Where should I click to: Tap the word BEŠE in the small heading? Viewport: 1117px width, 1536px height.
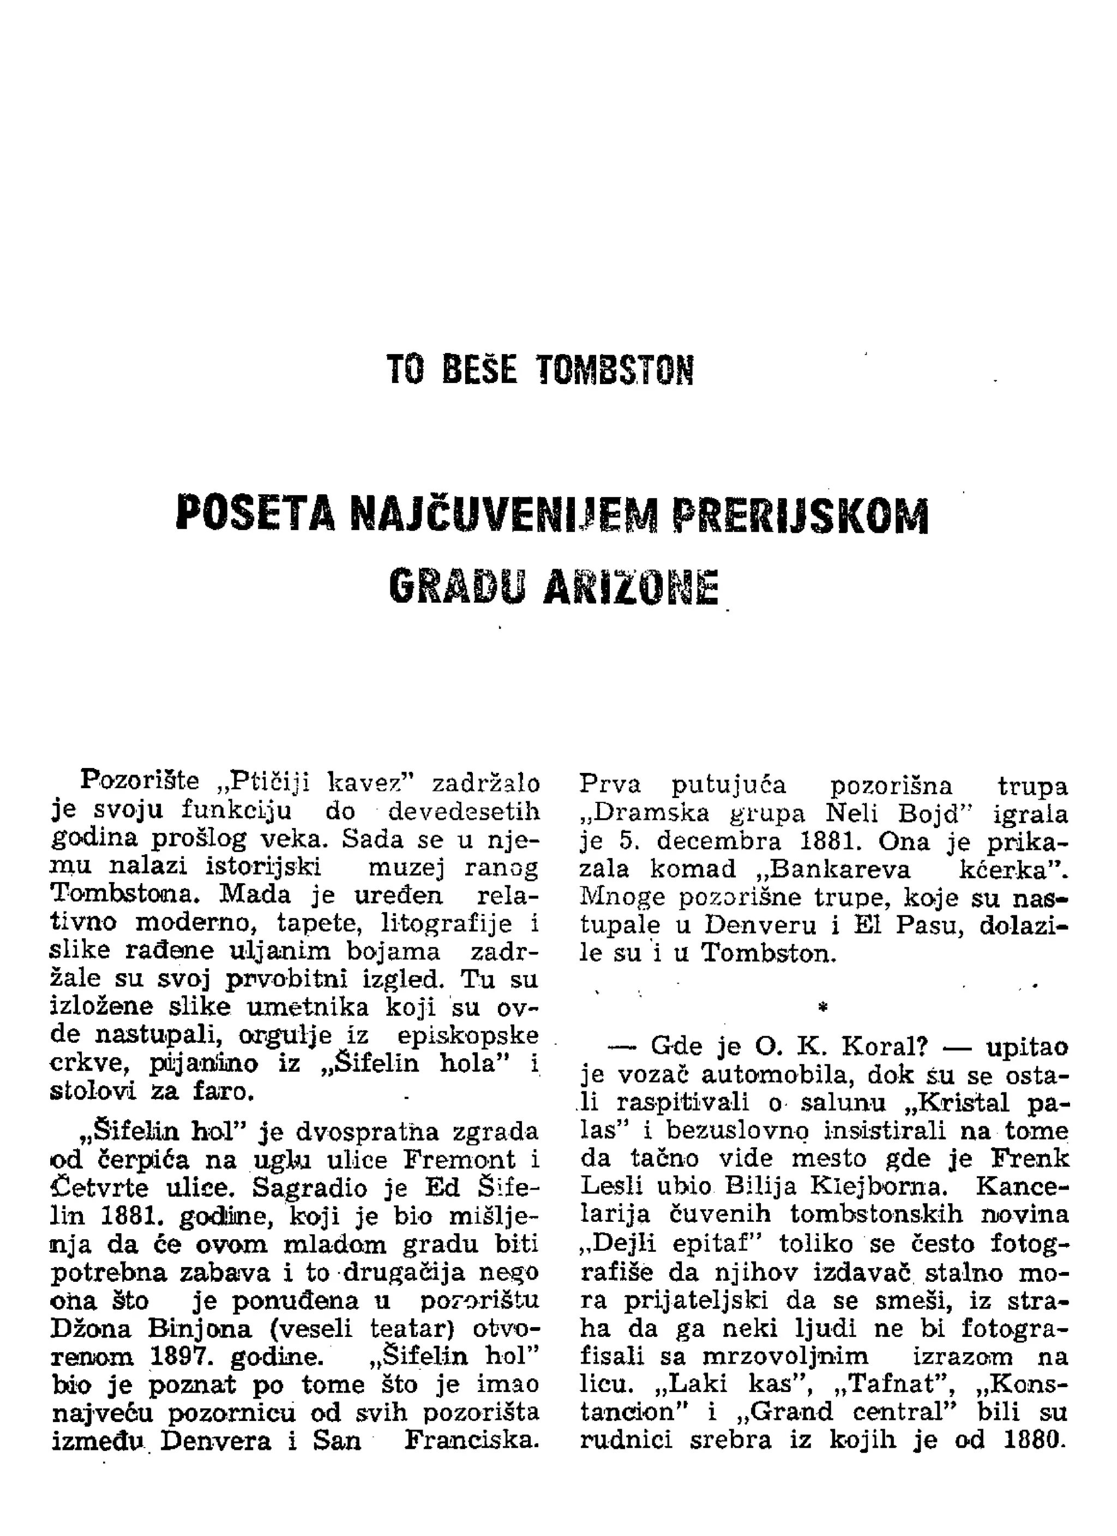coord(479,370)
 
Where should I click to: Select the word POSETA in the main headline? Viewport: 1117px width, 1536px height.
coord(256,514)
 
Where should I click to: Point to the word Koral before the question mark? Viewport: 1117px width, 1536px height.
coord(877,1047)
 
